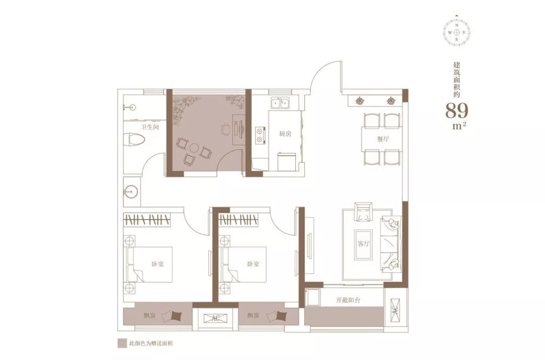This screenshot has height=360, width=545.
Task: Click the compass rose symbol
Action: pyautogui.click(x=457, y=32)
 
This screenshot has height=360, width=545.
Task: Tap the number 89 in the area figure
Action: pyautogui.click(x=457, y=111)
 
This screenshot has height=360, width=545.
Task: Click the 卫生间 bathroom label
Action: pyautogui.click(x=150, y=127)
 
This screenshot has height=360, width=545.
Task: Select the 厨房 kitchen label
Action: pyautogui.click(x=285, y=134)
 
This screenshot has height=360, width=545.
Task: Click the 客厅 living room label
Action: pyautogui.click(x=363, y=243)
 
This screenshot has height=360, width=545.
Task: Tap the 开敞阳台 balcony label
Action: pyautogui.click(x=348, y=300)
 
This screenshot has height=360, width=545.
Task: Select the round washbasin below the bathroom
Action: pyautogui.click(x=130, y=191)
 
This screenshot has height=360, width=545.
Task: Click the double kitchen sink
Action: pyautogui.click(x=280, y=103)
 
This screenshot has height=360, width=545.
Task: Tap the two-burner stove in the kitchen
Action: pyautogui.click(x=260, y=135)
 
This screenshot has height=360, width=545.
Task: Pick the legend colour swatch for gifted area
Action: pyautogui.click(x=122, y=344)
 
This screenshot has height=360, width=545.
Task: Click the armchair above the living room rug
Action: pyautogui.click(x=363, y=212)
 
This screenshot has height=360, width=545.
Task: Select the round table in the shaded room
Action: pyautogui.click(x=194, y=149)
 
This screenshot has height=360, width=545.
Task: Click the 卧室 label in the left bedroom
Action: pyautogui.click(x=157, y=265)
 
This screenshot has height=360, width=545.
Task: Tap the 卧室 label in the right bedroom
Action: pyautogui.click(x=253, y=265)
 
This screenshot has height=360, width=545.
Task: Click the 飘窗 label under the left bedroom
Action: pyautogui.click(x=150, y=316)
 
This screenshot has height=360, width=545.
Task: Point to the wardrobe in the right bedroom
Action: pyautogui.click(x=239, y=220)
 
